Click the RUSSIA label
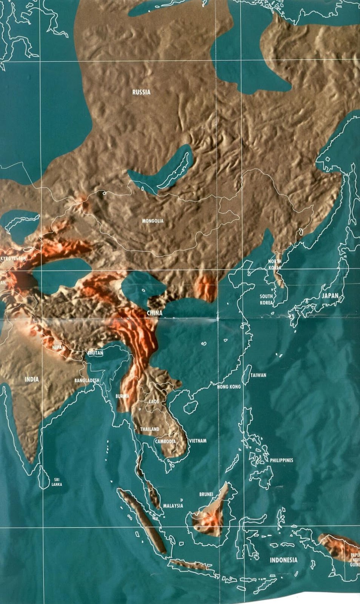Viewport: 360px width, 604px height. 141,92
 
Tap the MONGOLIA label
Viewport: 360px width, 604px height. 152,221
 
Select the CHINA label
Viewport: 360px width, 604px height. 155,313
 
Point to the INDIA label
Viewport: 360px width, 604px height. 32,379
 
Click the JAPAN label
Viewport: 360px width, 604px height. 330,296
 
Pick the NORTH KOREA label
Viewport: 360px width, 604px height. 275,264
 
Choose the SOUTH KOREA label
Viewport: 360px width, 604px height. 266,300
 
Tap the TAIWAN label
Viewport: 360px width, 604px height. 258,375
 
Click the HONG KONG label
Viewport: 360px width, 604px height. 229,387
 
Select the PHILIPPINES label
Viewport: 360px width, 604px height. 281,461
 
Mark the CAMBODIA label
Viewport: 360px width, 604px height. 165,441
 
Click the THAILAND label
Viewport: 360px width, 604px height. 150,429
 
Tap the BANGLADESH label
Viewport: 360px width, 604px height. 87,381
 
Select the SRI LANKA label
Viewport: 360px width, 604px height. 57,482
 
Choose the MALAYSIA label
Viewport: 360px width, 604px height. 173,506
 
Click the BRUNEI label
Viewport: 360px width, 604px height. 206,494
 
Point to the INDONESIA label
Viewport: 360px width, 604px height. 283,560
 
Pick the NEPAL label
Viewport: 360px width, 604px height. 58,347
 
